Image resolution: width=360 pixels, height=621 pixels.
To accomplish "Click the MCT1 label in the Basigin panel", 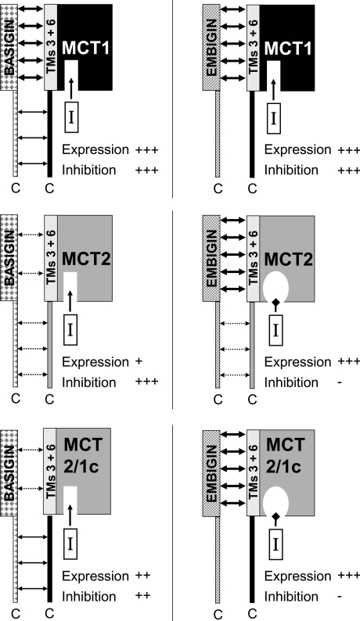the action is (x=85, y=48).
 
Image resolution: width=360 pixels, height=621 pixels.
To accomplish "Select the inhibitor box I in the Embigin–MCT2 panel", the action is (x=275, y=330).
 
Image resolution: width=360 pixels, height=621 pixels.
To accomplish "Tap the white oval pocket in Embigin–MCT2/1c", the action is (x=275, y=501).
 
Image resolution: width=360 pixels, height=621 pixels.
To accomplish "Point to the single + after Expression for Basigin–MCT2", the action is (x=139, y=361).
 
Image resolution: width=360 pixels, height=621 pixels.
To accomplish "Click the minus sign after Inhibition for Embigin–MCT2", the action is (x=340, y=382).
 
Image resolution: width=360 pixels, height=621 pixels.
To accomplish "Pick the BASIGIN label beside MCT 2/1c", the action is (x=9, y=472).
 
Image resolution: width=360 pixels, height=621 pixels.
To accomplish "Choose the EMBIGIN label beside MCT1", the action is (x=211, y=48).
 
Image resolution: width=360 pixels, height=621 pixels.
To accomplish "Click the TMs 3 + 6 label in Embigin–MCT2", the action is (x=253, y=258).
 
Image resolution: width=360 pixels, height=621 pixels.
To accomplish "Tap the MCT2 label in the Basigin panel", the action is (x=85, y=259).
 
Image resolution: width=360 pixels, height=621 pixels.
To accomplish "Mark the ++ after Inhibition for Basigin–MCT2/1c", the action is (x=143, y=596).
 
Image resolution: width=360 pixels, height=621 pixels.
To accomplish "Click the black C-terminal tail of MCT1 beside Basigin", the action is (x=49, y=134).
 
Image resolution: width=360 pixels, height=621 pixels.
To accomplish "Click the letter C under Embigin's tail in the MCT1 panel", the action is (x=218, y=189).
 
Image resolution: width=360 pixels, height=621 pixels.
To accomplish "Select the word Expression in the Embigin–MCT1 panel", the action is (x=297, y=149).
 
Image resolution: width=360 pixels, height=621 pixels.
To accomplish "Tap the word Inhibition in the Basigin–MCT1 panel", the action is (x=88, y=170).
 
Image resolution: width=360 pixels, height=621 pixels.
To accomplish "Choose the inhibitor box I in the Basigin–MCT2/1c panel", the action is (x=70, y=544).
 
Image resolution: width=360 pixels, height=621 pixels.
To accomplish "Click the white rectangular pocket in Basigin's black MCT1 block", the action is (x=71, y=75).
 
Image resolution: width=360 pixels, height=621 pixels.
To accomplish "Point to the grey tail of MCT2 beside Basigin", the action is (x=49, y=345).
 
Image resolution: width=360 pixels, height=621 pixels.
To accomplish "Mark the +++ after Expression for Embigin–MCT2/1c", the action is (x=348, y=576).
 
